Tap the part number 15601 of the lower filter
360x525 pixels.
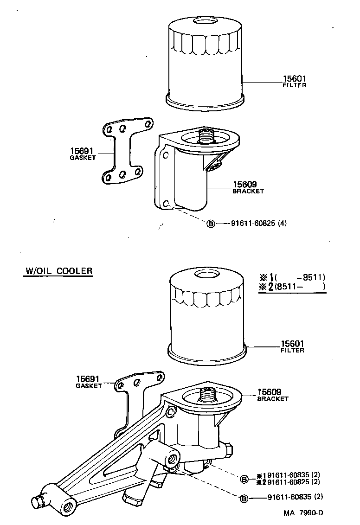click(x=292, y=344)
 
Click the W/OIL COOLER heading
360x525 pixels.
click(x=58, y=271)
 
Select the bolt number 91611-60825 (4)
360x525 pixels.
click(x=258, y=224)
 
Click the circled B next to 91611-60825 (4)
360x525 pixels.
click(x=210, y=224)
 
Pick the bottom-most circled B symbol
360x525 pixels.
click(x=244, y=499)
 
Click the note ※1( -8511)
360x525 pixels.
click(x=292, y=277)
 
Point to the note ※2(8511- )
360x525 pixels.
click(x=292, y=287)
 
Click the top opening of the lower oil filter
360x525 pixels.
click(x=204, y=274)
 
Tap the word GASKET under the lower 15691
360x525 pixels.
click(x=89, y=386)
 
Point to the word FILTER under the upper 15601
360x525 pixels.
click(x=294, y=85)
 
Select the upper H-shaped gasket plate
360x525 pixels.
click(x=125, y=151)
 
